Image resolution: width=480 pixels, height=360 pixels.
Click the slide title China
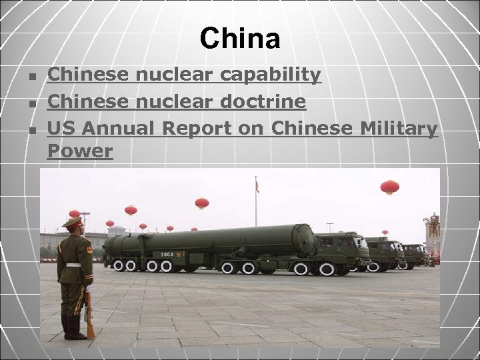[x=240, y=39]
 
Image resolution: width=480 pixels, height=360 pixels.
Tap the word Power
[x=80, y=151]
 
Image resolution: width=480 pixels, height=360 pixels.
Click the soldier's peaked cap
[x=72, y=223]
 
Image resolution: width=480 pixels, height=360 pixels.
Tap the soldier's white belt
[x=73, y=265]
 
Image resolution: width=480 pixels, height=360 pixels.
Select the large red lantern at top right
[x=390, y=186]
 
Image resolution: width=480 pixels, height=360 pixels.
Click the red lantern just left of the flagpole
[x=201, y=203]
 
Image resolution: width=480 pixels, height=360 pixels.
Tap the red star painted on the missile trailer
[x=178, y=253]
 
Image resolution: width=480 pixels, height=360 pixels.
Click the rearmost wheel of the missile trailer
[x=118, y=265]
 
